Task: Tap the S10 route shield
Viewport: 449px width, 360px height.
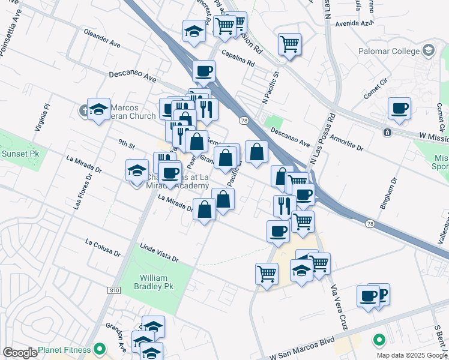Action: pyautogui.click(x=114, y=290)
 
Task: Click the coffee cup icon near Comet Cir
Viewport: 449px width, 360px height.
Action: pyautogui.click(x=399, y=109)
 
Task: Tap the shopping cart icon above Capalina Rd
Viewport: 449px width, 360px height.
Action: pyautogui.click(x=289, y=43)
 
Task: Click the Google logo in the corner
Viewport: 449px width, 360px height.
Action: pyautogui.click(x=20, y=353)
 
